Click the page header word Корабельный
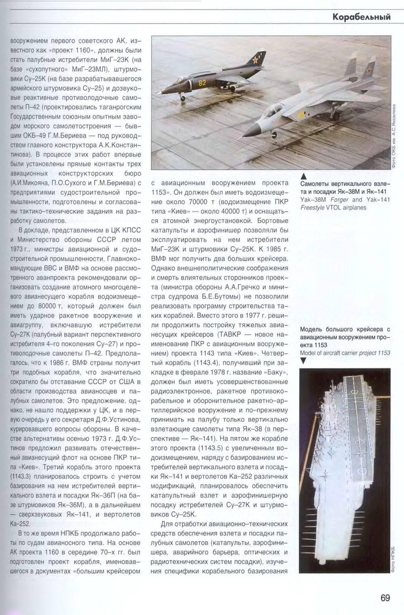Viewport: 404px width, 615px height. coord(362,17)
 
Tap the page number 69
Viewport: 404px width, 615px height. coord(385,598)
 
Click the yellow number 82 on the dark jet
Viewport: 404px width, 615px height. coord(202,83)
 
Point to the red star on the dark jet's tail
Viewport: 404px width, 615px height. coord(255,61)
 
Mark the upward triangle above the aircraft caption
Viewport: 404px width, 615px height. coord(304,176)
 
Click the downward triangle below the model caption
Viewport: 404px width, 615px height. coord(304,361)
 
